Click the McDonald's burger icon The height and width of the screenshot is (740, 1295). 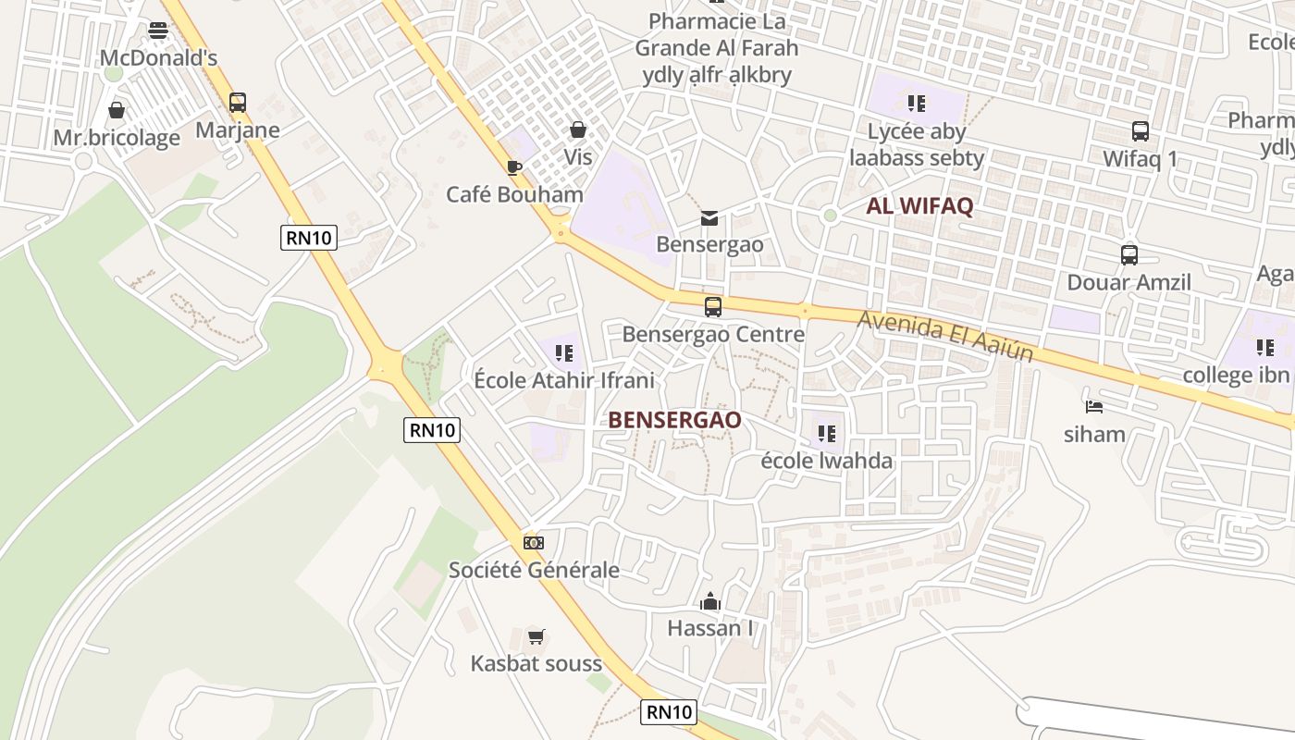coord(158,31)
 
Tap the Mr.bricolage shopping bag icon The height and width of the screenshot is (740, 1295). coord(117,111)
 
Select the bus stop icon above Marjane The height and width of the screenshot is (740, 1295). coord(238,103)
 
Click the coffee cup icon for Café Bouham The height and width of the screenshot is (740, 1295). coord(514,167)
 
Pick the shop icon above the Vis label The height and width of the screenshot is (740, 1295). coord(578,129)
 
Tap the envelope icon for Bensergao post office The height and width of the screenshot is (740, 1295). coord(709,218)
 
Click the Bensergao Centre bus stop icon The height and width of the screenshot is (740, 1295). coord(712,307)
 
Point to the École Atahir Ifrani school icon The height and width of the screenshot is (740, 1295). coord(564,352)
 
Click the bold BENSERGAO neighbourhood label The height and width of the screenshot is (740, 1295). coord(674,420)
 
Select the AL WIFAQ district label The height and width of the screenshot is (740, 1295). coord(919,206)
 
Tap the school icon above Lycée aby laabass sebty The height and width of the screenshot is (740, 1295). coord(917,103)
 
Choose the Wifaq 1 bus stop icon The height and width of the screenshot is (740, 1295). coord(1140,131)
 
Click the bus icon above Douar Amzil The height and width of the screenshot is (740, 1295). coord(1128,255)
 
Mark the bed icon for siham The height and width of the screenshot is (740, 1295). coord(1094,406)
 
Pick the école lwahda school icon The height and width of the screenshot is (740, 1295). coord(827,433)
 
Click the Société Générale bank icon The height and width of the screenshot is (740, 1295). coord(534,542)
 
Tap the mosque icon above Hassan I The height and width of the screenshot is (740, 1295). coord(710,602)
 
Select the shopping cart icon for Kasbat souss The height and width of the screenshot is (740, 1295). coord(536,636)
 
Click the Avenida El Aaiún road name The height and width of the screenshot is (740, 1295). coord(944,335)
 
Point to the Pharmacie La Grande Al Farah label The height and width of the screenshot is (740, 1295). coord(717,47)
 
